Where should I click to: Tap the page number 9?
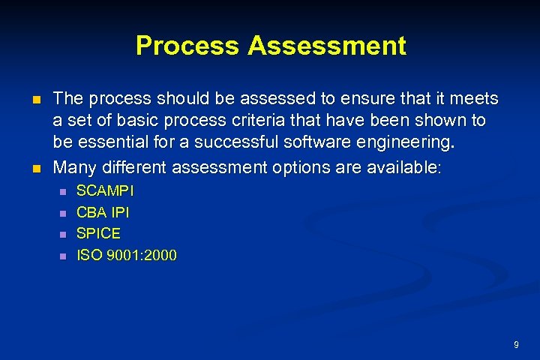coord(516,344)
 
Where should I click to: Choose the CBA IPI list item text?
coord(103,212)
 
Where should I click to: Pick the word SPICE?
coord(98,233)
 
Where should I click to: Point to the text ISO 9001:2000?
coord(127,255)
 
